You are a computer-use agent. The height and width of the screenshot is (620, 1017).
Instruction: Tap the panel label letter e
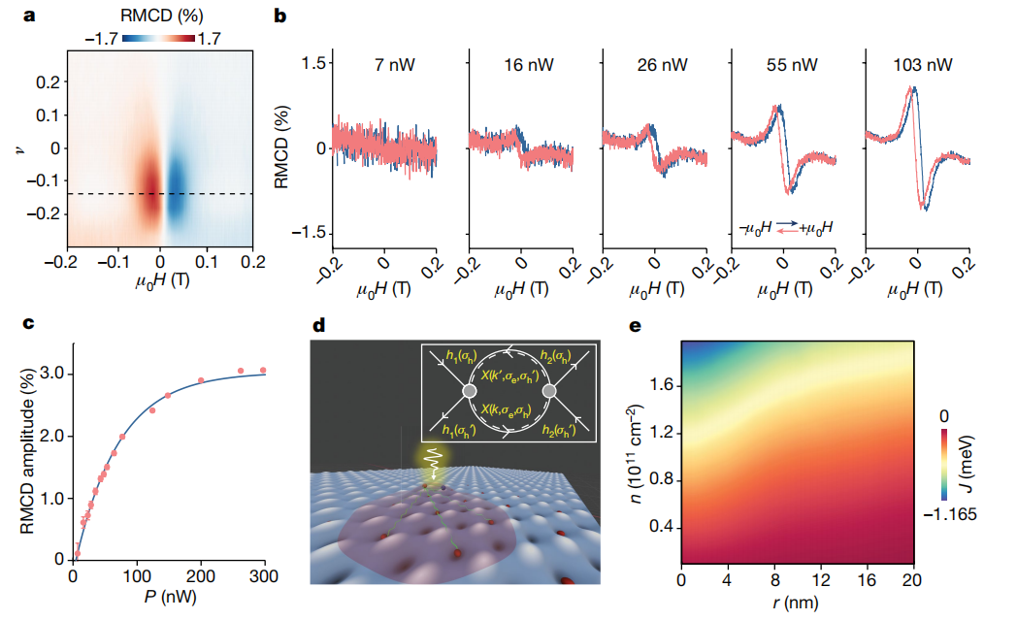click(636, 325)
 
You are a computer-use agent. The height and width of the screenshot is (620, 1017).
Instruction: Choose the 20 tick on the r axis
click(911, 579)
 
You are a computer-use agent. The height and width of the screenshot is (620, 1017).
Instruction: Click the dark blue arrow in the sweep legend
click(787, 221)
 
